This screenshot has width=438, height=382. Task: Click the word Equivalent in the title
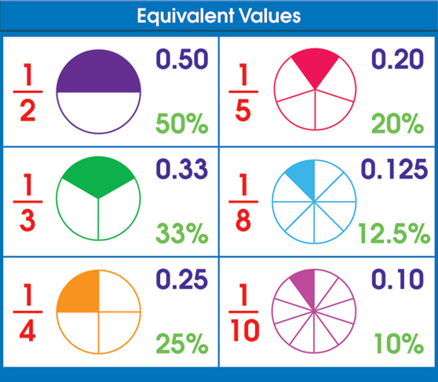point(185,16)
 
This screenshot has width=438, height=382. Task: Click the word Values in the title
point(270,16)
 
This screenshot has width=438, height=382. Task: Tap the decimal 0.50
point(182,59)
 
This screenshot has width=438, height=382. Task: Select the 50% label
point(182,123)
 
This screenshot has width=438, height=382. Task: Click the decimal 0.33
point(182,168)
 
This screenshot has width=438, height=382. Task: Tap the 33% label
point(182,233)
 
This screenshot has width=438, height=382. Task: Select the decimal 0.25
point(182,279)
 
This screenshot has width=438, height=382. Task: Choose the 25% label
point(182,344)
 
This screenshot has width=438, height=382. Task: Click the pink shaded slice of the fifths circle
point(315,67)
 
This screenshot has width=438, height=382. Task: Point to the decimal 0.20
point(397,59)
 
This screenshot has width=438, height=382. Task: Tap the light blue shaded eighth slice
point(303,179)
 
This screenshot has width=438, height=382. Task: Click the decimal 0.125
point(394,168)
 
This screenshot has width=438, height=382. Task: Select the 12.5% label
point(394,233)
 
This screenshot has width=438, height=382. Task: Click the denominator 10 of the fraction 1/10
point(245,330)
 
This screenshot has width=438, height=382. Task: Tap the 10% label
point(399,344)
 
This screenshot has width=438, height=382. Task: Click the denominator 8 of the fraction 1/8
point(243,220)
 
